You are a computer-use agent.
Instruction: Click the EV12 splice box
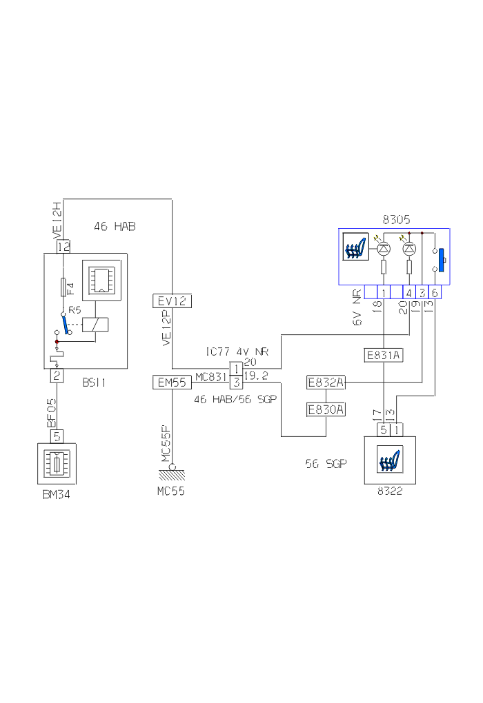(172, 300)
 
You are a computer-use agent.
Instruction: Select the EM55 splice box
(172, 383)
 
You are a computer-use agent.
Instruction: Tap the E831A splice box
(383, 356)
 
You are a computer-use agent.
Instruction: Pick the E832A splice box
(326, 383)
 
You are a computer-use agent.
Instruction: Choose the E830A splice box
(326, 409)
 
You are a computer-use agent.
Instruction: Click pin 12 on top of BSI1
(63, 246)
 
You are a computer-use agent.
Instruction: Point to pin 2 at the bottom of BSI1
(57, 376)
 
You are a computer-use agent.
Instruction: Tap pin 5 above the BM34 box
(59, 435)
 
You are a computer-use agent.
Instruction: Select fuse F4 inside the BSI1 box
(63, 285)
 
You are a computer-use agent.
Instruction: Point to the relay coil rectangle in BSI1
(93, 325)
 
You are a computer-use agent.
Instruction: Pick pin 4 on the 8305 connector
(410, 292)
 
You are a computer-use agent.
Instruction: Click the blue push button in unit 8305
(441, 260)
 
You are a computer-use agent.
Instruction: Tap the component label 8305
(396, 221)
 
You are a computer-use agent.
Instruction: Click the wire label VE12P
(166, 329)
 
